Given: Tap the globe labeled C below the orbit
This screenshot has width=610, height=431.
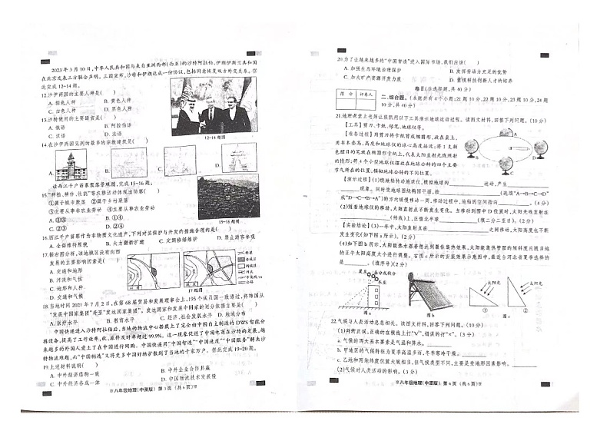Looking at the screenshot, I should [508, 178].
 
